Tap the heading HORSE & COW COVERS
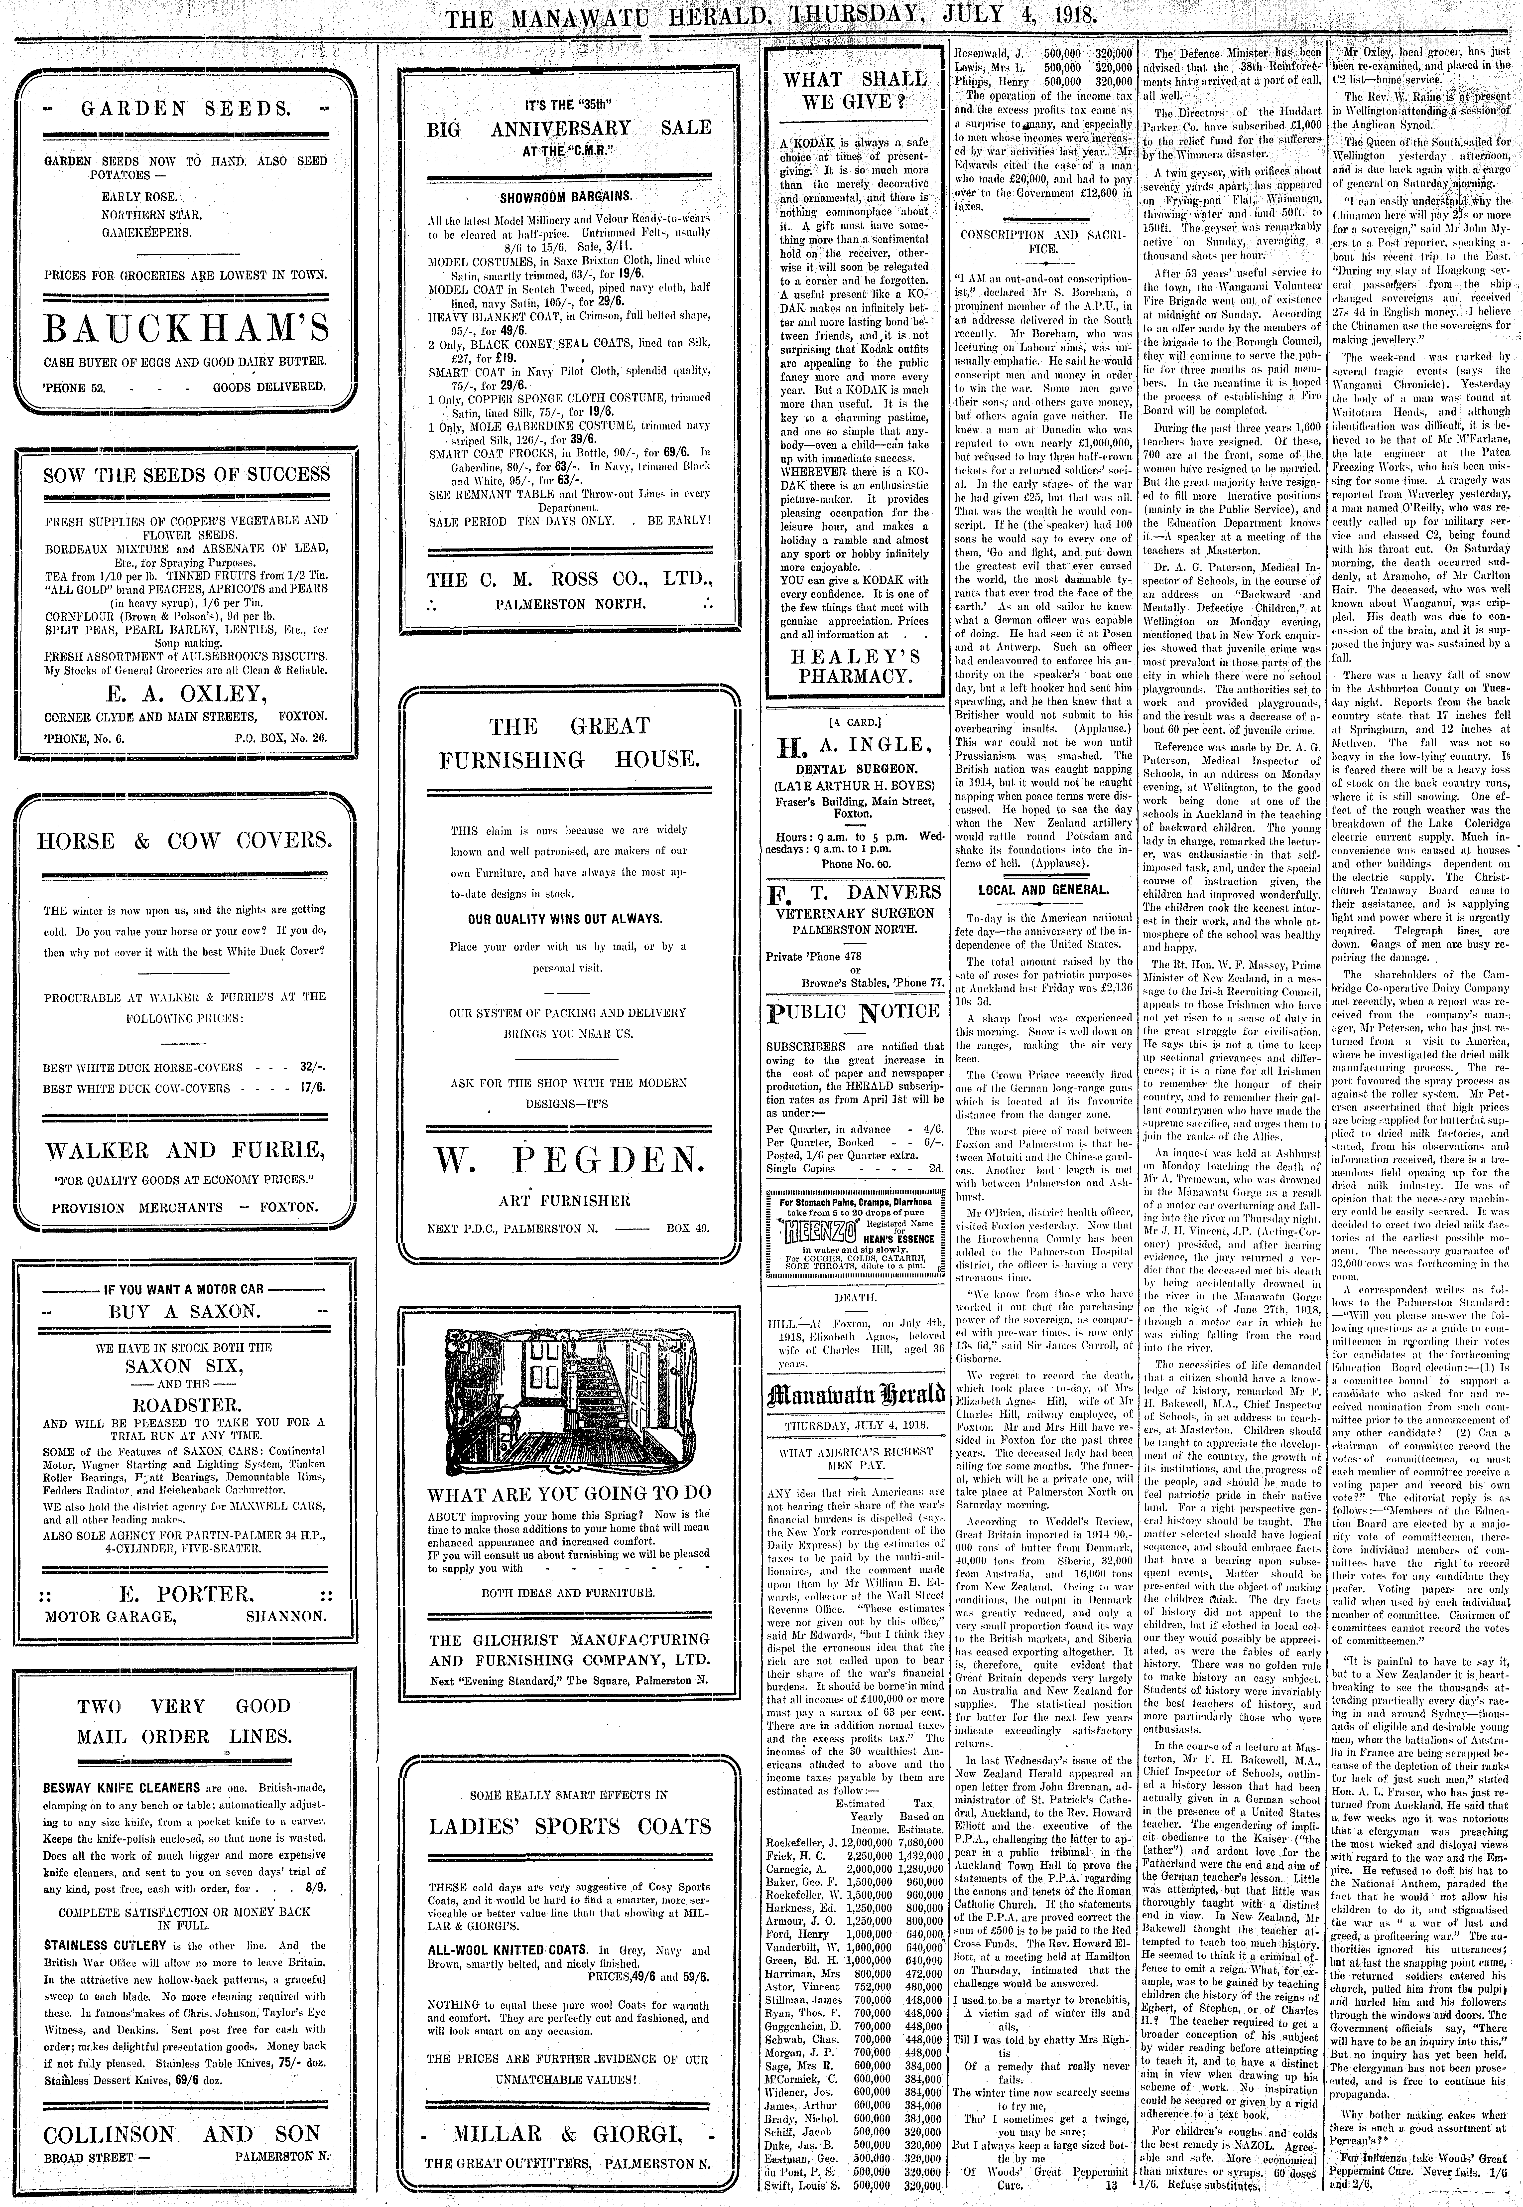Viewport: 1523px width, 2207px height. pyautogui.click(x=185, y=841)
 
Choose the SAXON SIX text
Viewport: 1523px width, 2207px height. pyautogui.click(x=185, y=1366)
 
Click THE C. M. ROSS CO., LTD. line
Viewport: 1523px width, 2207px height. pyautogui.click(x=570, y=579)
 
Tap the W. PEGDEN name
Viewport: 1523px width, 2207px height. pyautogui.click(x=570, y=1159)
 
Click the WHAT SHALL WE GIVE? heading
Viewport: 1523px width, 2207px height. pyautogui.click(x=854, y=91)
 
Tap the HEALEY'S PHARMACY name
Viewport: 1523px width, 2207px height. pyautogui.click(x=854, y=666)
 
